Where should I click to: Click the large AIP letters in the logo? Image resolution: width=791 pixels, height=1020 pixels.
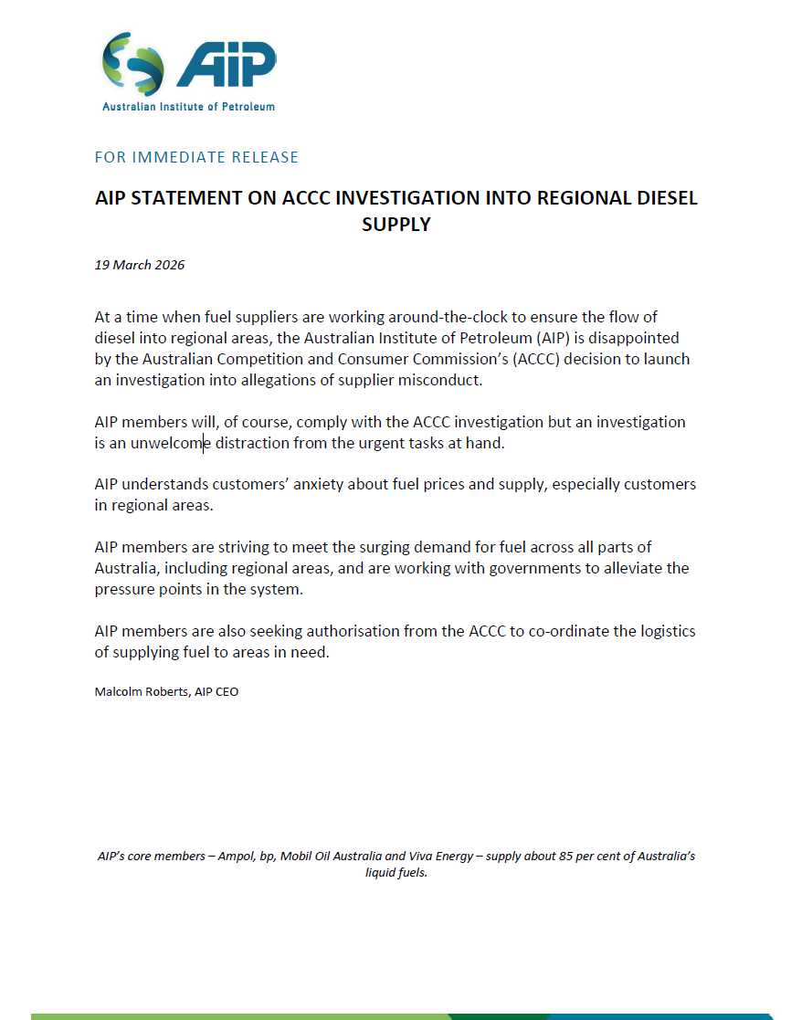pyautogui.click(x=226, y=66)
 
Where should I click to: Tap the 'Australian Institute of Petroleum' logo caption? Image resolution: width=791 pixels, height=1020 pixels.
pyautogui.click(x=188, y=106)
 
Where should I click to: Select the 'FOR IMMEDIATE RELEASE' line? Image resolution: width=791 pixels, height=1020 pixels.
pyautogui.click(x=196, y=157)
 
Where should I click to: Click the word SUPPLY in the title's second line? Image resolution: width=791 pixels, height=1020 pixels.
pyautogui.click(x=395, y=224)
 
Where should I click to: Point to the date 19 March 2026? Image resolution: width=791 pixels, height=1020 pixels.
pyautogui.click(x=140, y=265)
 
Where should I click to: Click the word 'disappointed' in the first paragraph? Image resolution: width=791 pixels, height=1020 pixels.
pyautogui.click(x=633, y=339)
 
